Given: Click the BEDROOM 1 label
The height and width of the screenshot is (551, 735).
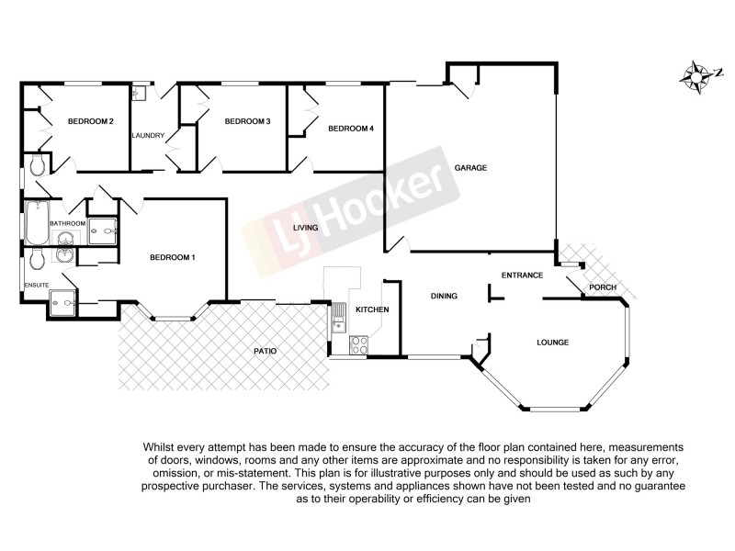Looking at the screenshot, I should point(173,257).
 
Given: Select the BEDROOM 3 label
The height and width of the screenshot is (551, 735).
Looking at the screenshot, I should point(247,122).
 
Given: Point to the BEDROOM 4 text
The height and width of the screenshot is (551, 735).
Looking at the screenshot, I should point(351,129).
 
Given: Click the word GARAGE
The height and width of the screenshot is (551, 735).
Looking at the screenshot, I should point(469,168).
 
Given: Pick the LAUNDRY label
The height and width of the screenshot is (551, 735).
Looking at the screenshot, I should point(148,136).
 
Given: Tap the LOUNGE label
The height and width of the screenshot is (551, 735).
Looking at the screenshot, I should point(553,343).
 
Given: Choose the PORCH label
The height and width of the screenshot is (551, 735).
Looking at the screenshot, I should point(603,287).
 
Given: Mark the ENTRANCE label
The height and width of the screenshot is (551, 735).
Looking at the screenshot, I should point(522,275).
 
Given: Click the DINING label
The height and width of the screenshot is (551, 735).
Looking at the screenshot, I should point(444,296).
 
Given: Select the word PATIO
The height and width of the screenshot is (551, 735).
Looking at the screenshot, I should point(266,351).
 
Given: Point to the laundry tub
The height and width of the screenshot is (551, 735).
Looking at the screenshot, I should point(140,93).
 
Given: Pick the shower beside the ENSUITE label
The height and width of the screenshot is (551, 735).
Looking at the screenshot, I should point(63,299).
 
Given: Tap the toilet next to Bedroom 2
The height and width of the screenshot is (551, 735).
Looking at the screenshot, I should point(37,165).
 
